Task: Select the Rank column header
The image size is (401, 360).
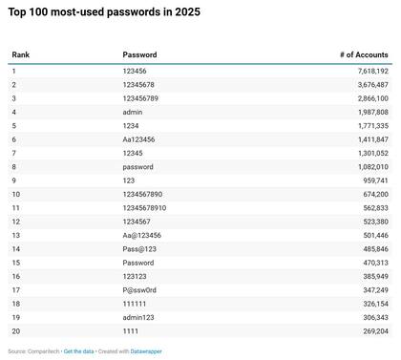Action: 20,55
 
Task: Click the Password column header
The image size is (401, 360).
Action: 139,55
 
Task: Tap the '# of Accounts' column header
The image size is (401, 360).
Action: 364,55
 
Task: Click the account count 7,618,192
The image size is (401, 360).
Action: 369,71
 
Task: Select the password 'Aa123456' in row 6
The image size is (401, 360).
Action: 138,138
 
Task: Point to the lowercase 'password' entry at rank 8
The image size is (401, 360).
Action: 138,166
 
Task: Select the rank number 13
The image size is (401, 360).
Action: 15,235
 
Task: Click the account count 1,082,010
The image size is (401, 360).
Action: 369,166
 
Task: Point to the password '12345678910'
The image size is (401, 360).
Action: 144,207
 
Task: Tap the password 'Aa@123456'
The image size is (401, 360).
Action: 141,235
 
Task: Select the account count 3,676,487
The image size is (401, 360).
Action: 369,84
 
